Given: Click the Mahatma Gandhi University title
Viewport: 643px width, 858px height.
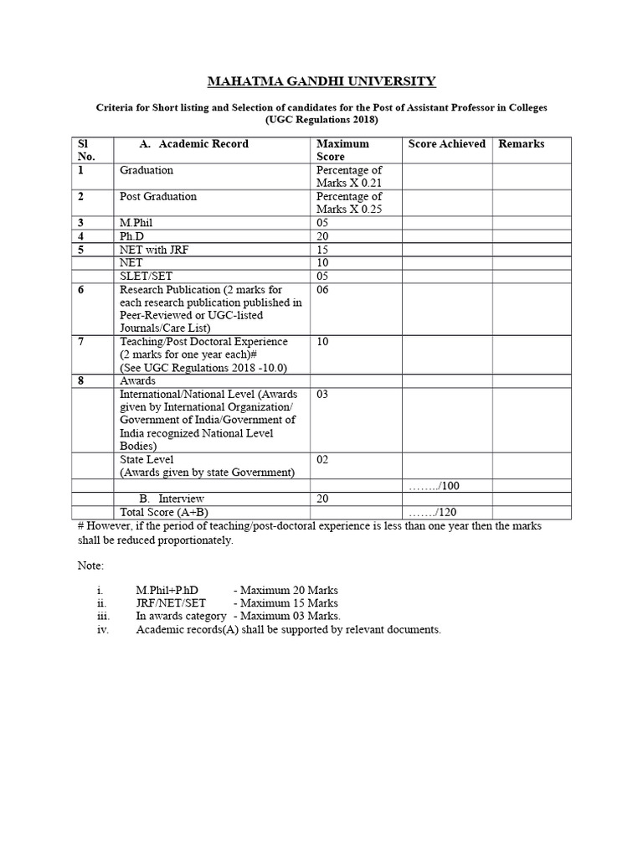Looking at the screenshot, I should (321, 81).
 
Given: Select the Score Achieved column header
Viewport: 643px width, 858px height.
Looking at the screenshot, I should (446, 144).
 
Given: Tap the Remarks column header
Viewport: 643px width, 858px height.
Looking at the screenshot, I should (522, 144).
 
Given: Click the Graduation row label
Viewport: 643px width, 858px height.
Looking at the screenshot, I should (147, 170).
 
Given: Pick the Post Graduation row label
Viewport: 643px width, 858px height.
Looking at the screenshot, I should (158, 196).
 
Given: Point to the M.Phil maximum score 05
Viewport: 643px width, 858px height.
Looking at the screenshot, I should (323, 224).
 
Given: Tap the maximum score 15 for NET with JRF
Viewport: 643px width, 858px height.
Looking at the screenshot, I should (323, 250).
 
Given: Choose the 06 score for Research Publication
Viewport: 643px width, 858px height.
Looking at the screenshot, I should (323, 289).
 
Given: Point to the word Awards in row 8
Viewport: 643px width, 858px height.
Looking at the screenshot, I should (138, 380).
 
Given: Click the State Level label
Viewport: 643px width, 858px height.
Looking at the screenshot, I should (147, 459).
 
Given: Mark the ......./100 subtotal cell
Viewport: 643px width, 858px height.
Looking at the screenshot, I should (435, 486).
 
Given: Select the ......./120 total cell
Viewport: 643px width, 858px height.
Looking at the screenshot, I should (435, 513).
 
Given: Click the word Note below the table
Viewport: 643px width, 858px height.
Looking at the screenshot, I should (90, 566).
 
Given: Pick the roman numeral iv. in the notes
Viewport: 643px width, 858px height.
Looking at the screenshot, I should (104, 629).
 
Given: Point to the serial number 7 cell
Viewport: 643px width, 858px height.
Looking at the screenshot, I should (82, 342).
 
